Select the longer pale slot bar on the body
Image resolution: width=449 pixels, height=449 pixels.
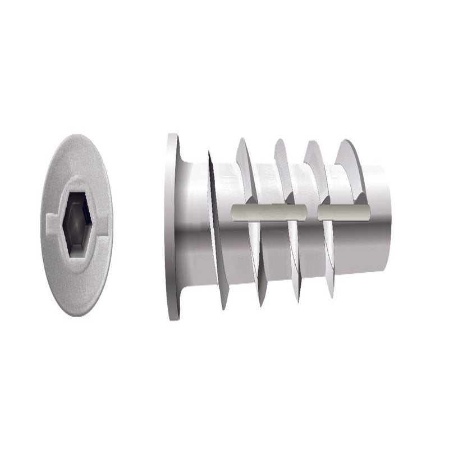[268, 212]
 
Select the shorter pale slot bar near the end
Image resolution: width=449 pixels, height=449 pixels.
[343, 213]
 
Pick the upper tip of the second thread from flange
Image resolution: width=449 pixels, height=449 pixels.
[241, 140]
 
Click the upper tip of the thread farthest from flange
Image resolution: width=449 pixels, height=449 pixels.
[343, 141]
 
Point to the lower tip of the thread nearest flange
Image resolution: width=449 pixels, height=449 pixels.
[224, 308]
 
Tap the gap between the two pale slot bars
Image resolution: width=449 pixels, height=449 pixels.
[312, 213]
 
